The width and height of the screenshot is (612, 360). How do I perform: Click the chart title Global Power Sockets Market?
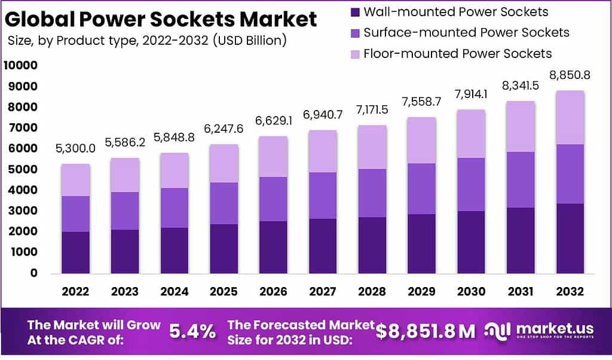(x=160, y=20)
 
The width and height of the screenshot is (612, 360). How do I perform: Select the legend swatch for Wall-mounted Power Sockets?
(x=355, y=12)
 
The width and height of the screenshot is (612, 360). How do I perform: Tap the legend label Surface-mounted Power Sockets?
(x=466, y=32)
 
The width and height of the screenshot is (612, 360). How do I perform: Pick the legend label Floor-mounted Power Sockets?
(x=457, y=54)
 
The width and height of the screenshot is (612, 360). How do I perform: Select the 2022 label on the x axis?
(x=75, y=292)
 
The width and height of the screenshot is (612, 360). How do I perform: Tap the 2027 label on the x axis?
(x=322, y=292)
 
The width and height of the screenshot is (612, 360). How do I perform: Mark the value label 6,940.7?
(x=322, y=115)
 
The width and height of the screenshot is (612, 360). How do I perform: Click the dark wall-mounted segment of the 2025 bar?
(x=224, y=249)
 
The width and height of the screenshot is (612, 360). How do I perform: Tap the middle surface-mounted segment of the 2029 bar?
(x=421, y=188)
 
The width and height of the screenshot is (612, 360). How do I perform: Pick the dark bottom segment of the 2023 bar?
(x=125, y=251)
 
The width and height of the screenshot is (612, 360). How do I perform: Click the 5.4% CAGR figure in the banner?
(x=192, y=332)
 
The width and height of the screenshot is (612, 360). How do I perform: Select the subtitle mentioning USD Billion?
(x=147, y=41)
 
